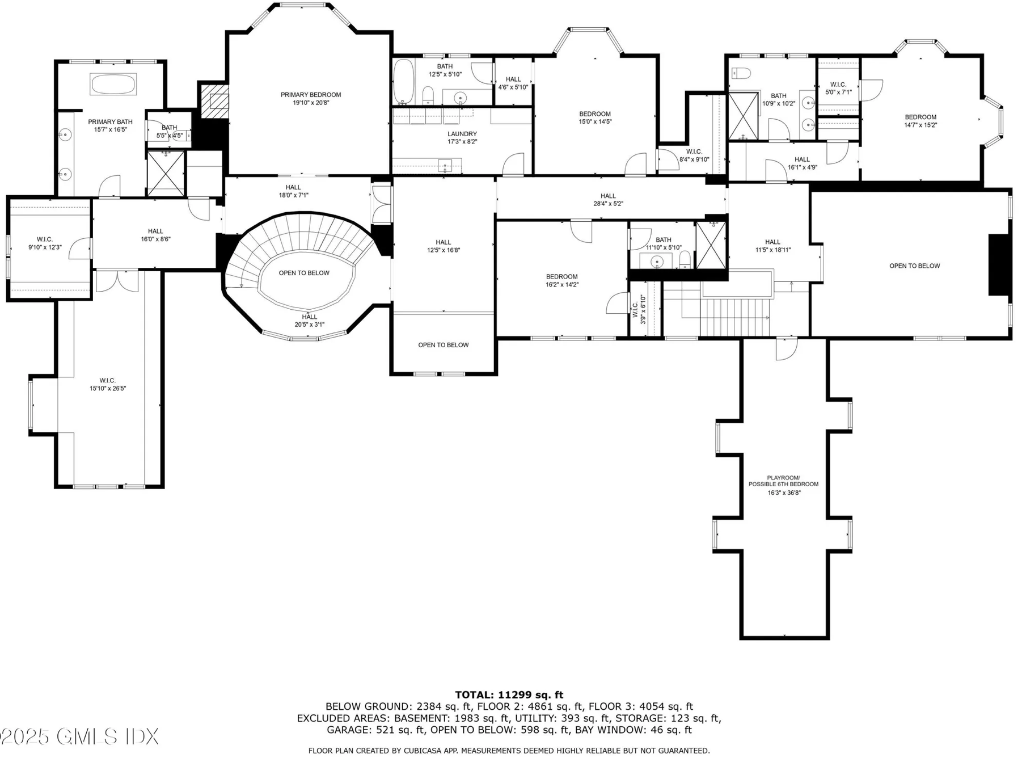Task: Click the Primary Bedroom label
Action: click(x=311, y=95)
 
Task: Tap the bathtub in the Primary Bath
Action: click(x=113, y=85)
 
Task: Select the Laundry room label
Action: click(x=462, y=134)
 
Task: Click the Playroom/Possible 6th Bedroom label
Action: click(x=784, y=481)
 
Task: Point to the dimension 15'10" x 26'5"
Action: click(x=108, y=389)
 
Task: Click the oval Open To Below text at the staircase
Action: click(x=304, y=273)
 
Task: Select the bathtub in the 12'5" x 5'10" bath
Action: click(x=404, y=82)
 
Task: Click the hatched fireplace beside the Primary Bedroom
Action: click(x=214, y=101)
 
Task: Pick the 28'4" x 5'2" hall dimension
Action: click(x=608, y=204)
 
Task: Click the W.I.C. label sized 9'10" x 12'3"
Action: click(x=45, y=239)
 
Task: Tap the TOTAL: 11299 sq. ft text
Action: click(x=509, y=694)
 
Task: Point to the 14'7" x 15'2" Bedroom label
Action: click(x=920, y=117)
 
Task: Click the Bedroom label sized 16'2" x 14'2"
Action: click(x=562, y=277)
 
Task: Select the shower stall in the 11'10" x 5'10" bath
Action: click(x=711, y=246)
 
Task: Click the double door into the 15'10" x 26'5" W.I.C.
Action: click(x=117, y=281)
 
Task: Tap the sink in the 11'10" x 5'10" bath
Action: click(x=657, y=262)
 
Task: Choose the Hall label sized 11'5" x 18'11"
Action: click(x=772, y=242)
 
